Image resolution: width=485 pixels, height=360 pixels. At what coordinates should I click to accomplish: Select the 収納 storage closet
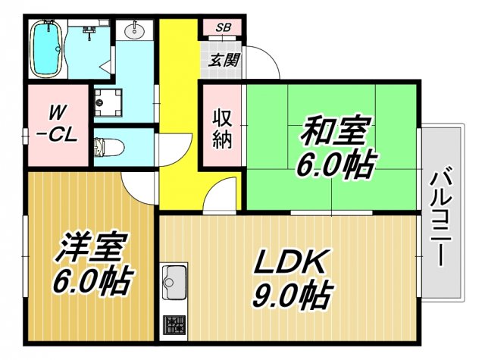point(221,129)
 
